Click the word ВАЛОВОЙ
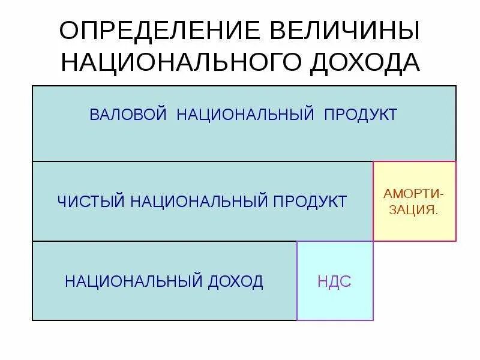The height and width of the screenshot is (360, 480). point(127,115)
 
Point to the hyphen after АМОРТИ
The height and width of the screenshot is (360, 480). point(443,194)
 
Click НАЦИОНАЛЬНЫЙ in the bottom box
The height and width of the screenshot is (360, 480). point(133,281)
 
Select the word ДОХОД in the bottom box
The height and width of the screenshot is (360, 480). point(236,281)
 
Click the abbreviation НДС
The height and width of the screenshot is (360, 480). point(335,281)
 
